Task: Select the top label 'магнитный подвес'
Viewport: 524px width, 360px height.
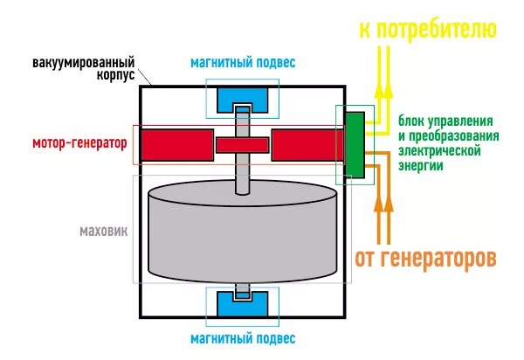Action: coord(243,64)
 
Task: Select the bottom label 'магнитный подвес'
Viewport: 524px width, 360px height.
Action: coord(243,338)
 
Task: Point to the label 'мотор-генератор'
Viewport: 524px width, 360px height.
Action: coord(79,142)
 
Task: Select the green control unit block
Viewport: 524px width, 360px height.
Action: coord(355,144)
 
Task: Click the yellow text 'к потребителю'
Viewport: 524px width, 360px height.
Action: coord(427,30)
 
